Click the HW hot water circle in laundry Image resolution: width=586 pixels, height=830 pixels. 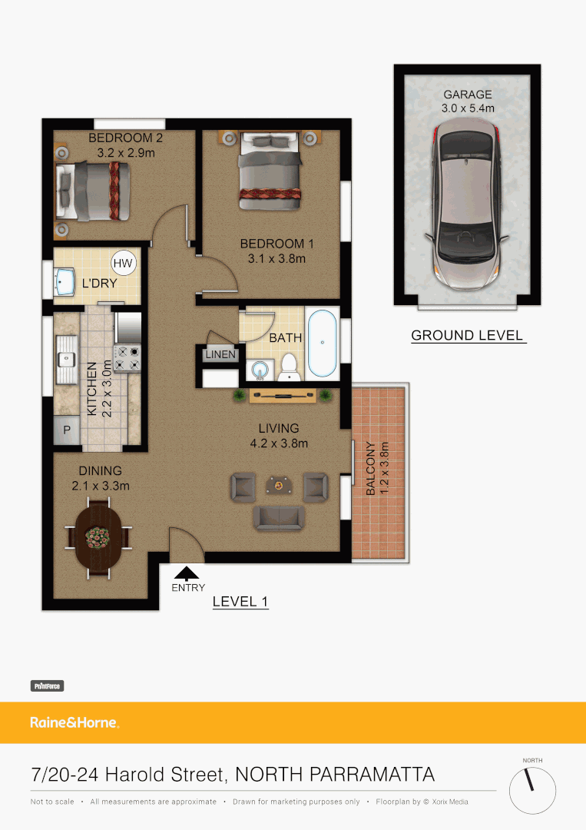[123, 264]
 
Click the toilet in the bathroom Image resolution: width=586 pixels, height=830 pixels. [289, 367]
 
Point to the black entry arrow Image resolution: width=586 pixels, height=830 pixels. [187, 572]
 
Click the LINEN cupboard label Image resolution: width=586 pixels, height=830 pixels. [220, 354]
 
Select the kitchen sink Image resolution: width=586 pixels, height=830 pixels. [66, 358]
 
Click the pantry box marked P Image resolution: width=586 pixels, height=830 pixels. [66, 430]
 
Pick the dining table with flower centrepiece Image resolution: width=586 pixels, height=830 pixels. [97, 536]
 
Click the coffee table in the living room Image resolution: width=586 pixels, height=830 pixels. [279, 485]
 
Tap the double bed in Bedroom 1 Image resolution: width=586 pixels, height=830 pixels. [269, 171]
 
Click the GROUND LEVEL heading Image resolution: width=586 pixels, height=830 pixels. [467, 335]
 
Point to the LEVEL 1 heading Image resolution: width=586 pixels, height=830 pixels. [240, 602]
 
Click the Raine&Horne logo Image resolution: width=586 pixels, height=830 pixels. [74, 722]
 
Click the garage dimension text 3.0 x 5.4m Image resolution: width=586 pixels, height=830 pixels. [467, 108]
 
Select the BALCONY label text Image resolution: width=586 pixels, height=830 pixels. [371, 469]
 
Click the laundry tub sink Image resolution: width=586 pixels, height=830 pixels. [64, 282]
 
